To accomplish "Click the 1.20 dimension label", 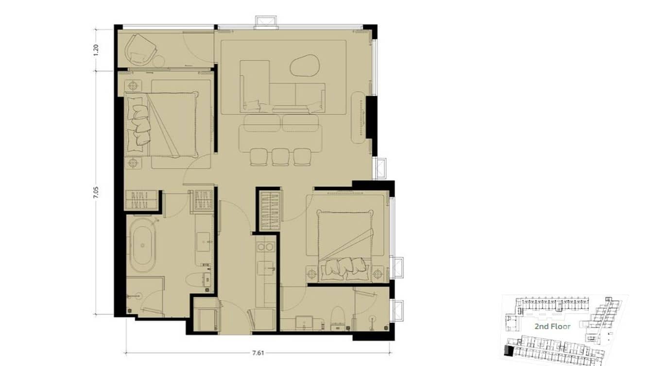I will click(96, 50).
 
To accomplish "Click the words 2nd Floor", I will click(552, 326).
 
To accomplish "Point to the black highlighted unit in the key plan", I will click(509, 351).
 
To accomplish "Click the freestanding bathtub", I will click(141, 244).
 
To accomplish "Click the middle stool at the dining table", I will click(280, 156).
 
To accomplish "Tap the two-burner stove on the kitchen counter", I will click(265, 247).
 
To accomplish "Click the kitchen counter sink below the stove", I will click(265, 267).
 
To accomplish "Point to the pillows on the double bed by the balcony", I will click(138, 124).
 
